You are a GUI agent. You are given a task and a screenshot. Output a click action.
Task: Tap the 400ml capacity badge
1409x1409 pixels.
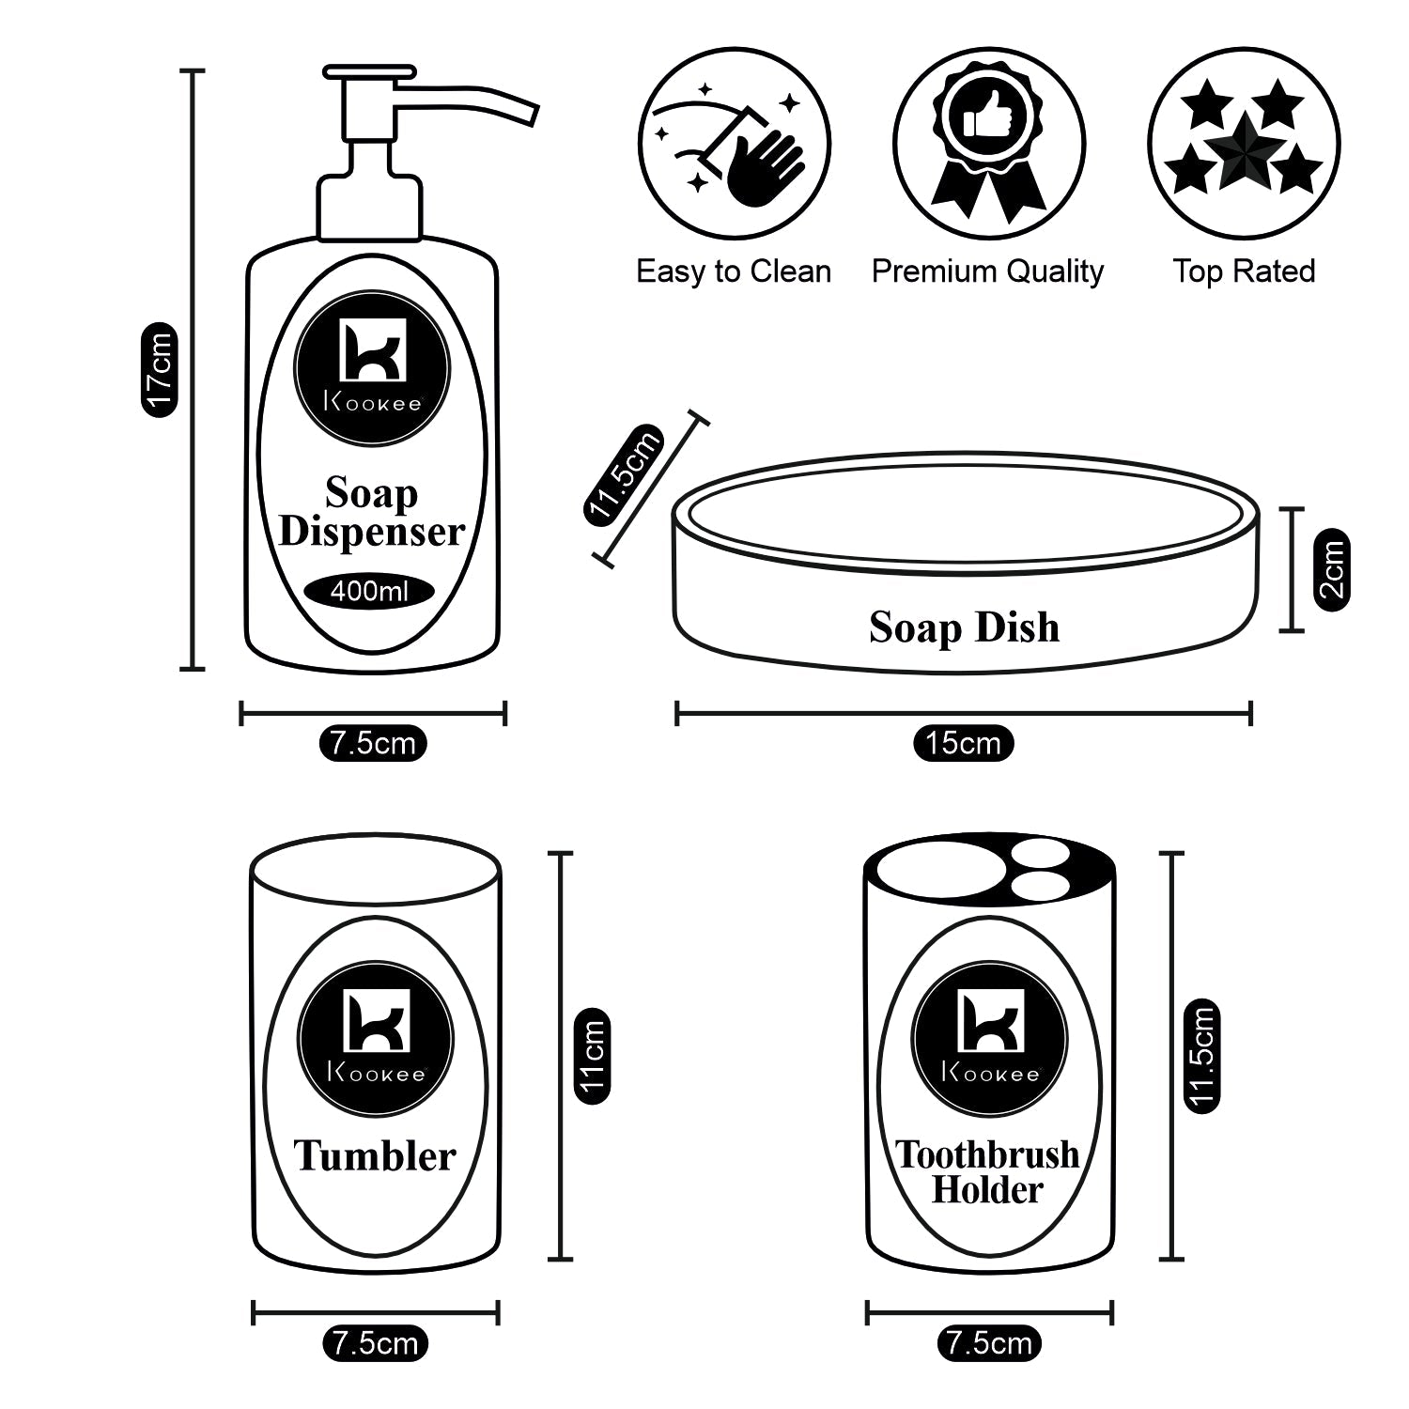(369, 592)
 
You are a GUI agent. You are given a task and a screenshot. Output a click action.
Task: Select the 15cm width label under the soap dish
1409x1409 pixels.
(963, 743)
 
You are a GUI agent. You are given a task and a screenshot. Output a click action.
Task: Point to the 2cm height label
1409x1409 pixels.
(1331, 569)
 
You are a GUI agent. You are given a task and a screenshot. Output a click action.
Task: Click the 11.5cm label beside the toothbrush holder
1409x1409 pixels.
(1201, 1056)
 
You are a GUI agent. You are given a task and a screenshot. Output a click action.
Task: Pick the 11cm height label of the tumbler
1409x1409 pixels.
(592, 1056)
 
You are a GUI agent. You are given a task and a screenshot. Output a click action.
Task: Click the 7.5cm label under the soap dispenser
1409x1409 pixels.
(373, 743)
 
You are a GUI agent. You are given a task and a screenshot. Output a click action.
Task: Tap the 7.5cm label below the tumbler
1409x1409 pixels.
(375, 1343)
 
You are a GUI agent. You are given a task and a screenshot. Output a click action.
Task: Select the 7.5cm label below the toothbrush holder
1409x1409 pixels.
(989, 1343)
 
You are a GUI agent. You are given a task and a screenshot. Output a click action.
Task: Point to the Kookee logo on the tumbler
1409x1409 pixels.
(375, 1038)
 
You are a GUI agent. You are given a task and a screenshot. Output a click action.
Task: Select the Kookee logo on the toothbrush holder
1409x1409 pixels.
(989, 1038)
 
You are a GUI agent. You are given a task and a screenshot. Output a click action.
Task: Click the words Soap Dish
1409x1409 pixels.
(964, 627)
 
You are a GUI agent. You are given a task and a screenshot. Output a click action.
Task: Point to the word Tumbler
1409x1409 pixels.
(375, 1155)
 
